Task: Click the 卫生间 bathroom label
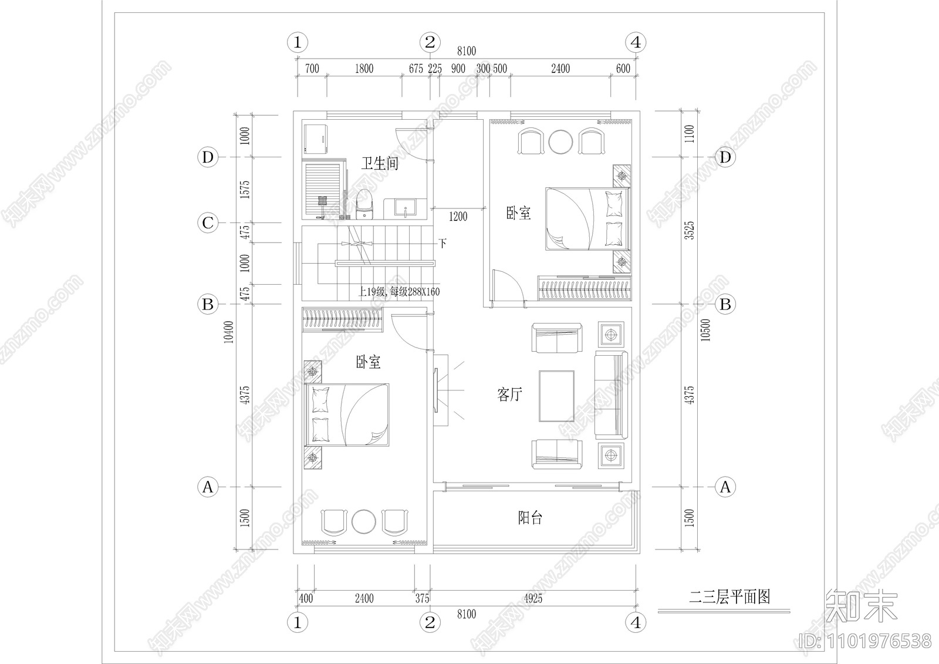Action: (380, 163)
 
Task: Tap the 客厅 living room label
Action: (509, 395)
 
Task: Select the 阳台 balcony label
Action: (530, 518)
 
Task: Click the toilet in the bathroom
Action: (364, 203)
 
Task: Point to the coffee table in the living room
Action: (556, 396)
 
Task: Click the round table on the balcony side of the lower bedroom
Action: (364, 521)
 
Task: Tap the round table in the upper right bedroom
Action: (560, 141)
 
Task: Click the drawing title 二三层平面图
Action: (729, 598)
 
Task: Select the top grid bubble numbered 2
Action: (430, 42)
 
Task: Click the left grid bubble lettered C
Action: (208, 223)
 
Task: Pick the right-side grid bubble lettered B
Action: (725, 304)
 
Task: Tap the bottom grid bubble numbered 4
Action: (636, 622)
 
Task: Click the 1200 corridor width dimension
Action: (458, 217)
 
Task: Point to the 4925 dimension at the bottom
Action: (532, 599)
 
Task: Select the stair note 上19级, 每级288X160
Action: (398, 292)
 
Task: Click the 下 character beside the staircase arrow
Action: (443, 243)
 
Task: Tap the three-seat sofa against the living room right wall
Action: (611, 395)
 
